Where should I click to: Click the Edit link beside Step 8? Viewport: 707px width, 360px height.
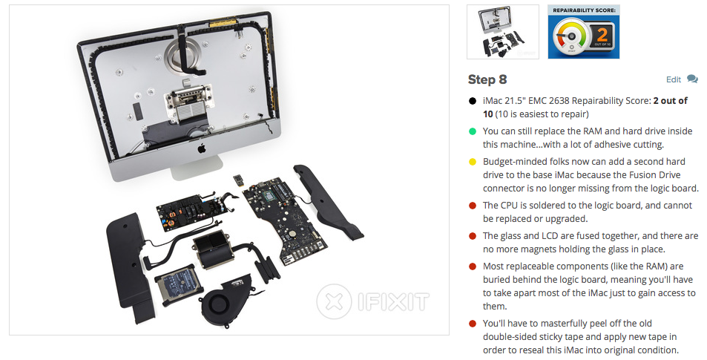click(673, 79)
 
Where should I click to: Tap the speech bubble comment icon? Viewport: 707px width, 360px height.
click(692, 79)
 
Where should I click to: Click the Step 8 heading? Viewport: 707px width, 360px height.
click(487, 80)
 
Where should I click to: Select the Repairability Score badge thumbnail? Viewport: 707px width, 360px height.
click(583, 32)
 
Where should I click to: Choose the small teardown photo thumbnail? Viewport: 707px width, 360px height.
click(503, 32)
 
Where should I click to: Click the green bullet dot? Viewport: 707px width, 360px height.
click(473, 131)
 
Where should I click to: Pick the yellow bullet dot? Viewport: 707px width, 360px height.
click(473, 162)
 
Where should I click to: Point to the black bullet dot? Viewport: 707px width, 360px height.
click(473, 101)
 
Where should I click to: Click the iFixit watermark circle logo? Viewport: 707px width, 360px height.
click(334, 301)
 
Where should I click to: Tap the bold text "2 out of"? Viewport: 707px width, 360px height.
click(670, 101)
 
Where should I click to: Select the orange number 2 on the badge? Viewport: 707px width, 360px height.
click(602, 34)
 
